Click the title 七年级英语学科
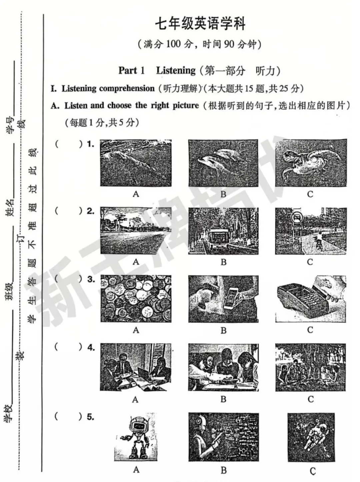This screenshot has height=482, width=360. tap(200, 24)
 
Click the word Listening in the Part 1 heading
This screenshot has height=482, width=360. tap(176, 70)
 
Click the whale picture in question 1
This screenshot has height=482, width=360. tap(136, 163)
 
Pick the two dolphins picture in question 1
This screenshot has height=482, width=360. tap(223, 163)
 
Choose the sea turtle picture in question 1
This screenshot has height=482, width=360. tap(311, 163)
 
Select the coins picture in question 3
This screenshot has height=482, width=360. tap(136, 298)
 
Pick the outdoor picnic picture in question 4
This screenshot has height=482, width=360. tap(310, 367)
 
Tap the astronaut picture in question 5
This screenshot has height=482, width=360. tap(311, 437)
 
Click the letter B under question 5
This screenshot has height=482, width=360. tap(223, 470)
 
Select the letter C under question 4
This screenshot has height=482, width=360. tap(311, 399)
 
